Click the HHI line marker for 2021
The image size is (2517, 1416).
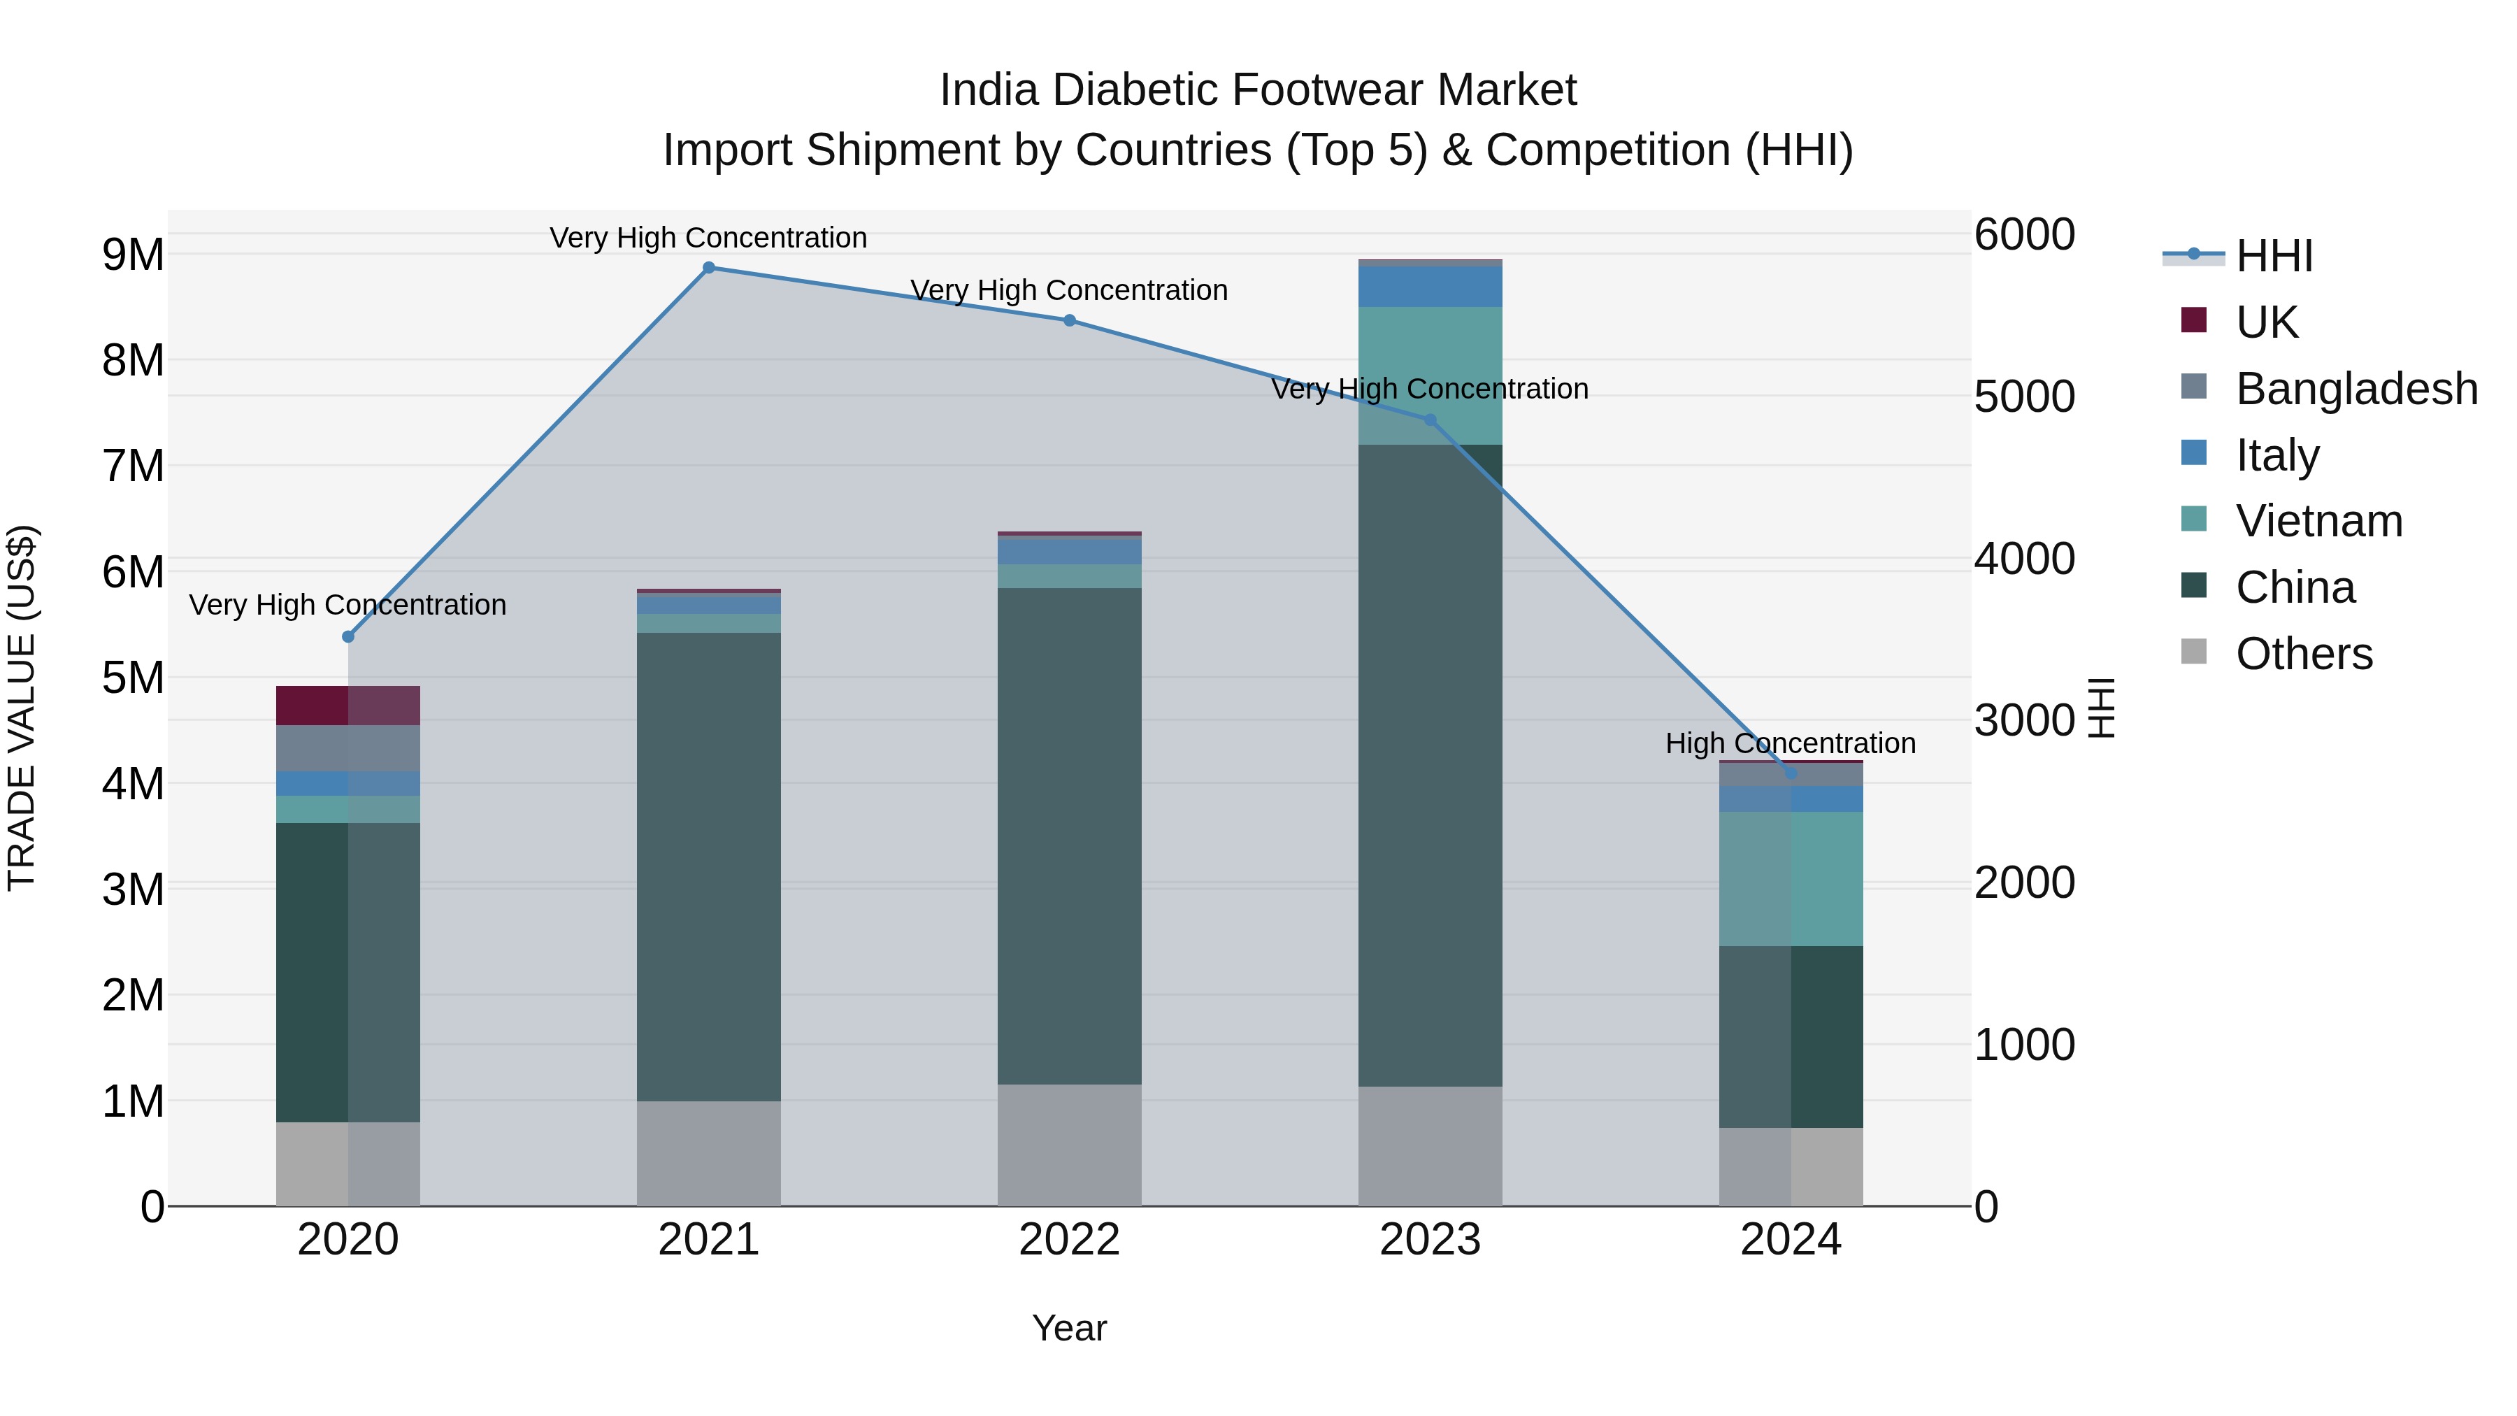tap(708, 268)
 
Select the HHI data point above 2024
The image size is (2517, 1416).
tap(1790, 773)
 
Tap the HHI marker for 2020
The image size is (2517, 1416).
tap(348, 636)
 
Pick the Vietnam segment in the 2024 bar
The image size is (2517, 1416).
tap(1790, 878)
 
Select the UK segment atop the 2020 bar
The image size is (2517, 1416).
tap(348, 706)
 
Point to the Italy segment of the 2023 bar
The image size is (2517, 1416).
tap(1430, 286)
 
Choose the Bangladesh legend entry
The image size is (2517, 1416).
tap(2355, 389)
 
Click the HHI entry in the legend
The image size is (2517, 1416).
tap(2273, 256)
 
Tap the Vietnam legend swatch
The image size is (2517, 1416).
tap(2193, 519)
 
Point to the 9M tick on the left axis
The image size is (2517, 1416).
tap(133, 255)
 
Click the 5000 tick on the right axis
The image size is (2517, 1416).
tap(2023, 396)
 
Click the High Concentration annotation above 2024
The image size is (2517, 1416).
tap(1790, 744)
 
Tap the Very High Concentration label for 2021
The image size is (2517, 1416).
tap(708, 238)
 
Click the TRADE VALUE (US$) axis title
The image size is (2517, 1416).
tap(22, 708)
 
